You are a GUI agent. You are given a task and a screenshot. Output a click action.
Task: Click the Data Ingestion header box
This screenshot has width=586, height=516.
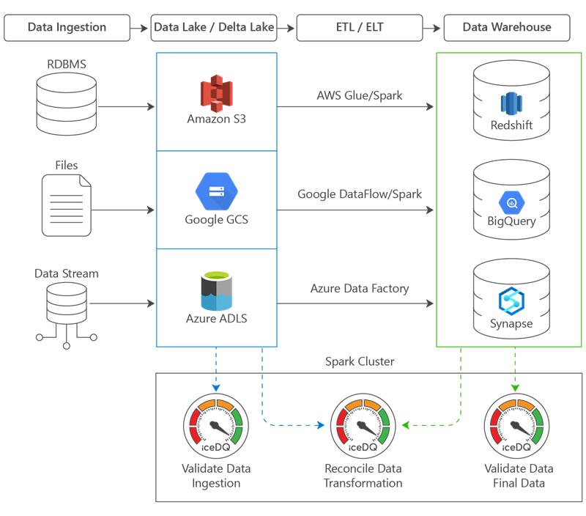[x=67, y=28]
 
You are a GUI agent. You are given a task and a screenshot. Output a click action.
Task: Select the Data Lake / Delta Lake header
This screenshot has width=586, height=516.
[x=214, y=28]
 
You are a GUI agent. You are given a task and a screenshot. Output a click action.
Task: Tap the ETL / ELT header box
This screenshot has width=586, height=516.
[x=360, y=28]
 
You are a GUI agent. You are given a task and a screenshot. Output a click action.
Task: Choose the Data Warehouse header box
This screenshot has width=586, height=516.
[x=507, y=28]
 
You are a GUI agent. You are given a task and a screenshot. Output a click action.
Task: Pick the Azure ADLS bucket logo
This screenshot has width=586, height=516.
[x=216, y=292]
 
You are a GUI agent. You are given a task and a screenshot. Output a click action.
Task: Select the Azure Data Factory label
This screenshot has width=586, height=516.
[x=360, y=288]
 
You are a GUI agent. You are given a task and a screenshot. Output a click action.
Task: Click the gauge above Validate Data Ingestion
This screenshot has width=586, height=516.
[x=215, y=426]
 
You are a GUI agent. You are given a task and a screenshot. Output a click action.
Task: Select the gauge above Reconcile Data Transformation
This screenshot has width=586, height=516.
[x=363, y=426]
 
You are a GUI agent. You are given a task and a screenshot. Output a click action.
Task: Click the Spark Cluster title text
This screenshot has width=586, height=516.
[x=360, y=362]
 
